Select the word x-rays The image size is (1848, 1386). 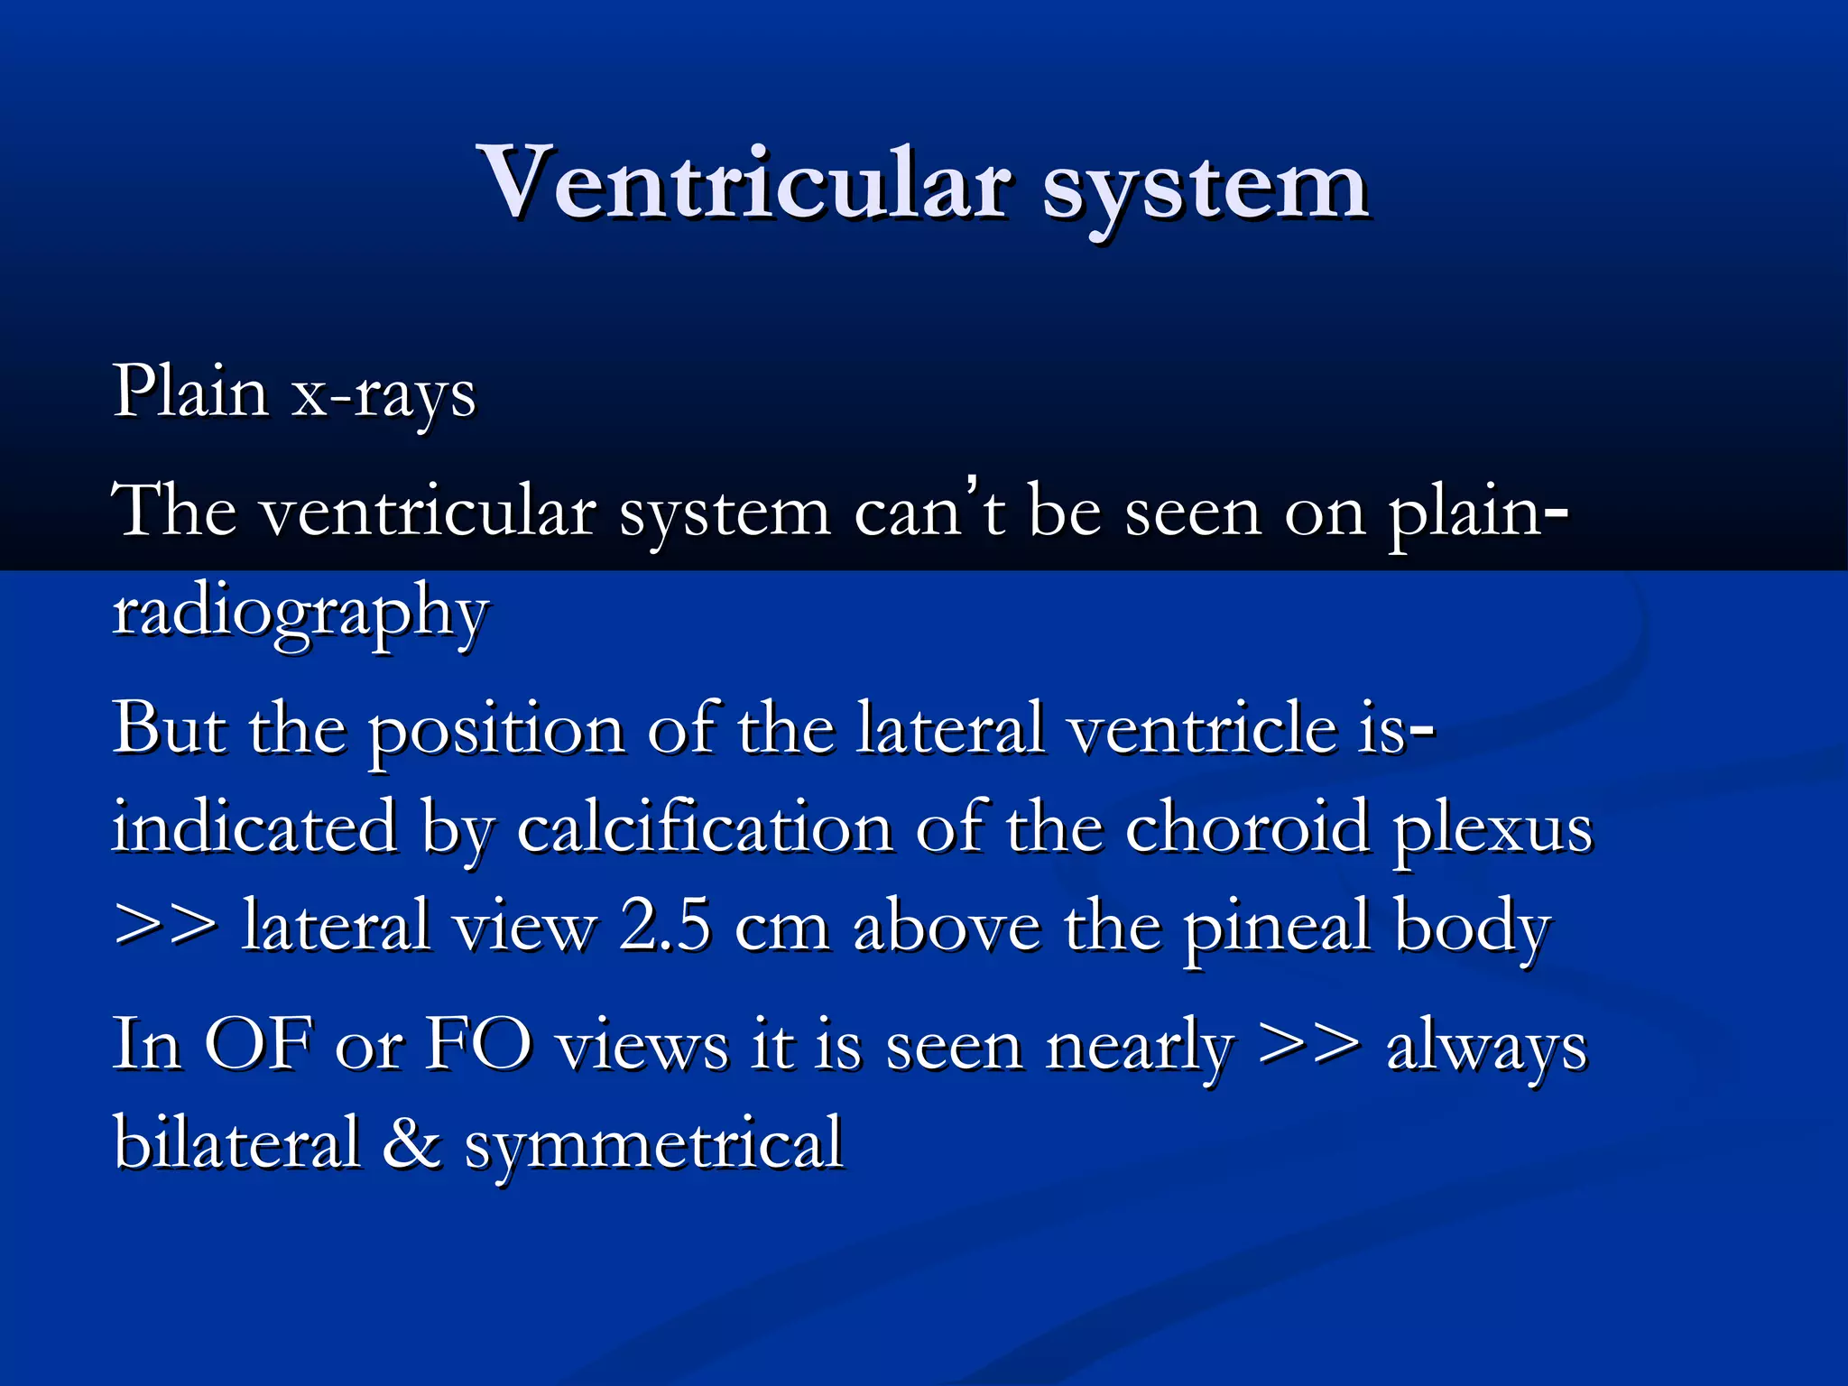point(383,394)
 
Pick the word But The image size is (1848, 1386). point(169,727)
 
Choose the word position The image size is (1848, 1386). point(496,731)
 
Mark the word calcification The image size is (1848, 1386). point(705,827)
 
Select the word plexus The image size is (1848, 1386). point(1493,831)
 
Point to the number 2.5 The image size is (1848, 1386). point(665,926)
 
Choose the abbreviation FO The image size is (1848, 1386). point(478,1044)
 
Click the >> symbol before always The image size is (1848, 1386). point(1308,1046)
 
